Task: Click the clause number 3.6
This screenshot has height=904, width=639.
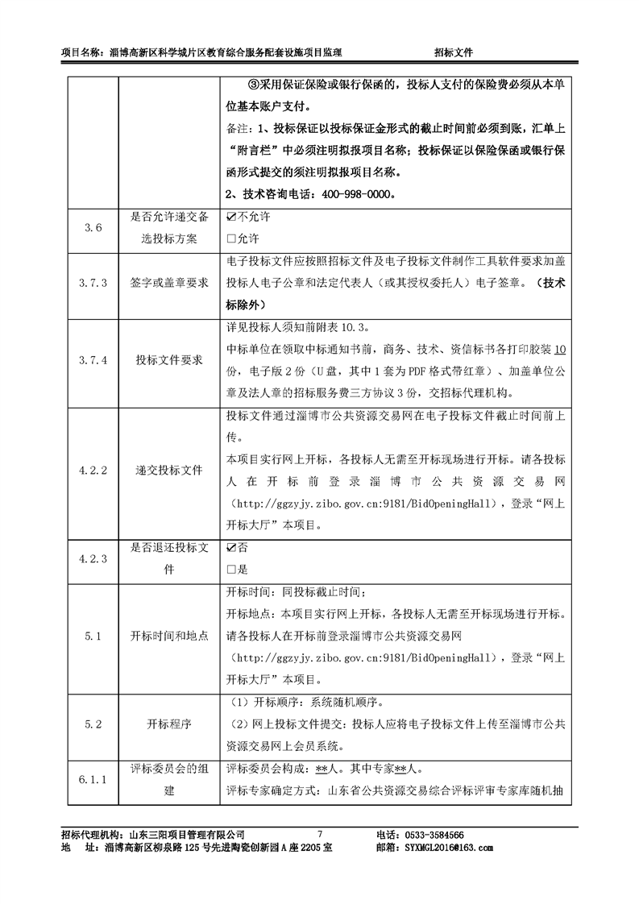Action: click(x=93, y=228)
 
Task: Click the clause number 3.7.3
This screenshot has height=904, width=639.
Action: click(x=93, y=283)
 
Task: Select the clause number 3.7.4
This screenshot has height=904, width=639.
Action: click(x=93, y=360)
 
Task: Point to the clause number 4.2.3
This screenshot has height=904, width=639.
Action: click(x=93, y=558)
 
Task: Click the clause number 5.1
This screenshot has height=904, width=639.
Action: click(x=93, y=636)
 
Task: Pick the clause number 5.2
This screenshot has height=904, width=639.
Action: click(x=93, y=724)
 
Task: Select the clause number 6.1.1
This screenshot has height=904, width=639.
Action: click(x=93, y=779)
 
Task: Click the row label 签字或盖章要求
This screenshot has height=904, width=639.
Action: click(x=169, y=283)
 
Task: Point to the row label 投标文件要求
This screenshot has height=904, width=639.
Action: click(x=169, y=360)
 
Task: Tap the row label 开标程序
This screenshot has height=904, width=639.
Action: click(x=169, y=724)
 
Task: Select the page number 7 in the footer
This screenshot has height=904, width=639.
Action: click(x=320, y=835)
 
